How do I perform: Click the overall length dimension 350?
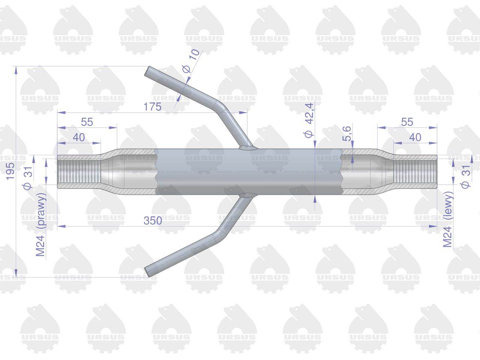[x=153, y=220]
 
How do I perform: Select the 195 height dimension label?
[x=10, y=171]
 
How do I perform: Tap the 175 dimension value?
[x=152, y=106]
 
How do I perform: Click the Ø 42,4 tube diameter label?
[x=309, y=120]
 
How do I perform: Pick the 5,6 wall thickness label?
[x=347, y=133]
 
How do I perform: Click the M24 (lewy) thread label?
[x=448, y=219]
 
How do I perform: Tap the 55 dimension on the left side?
[x=87, y=122]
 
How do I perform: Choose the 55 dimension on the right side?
[x=407, y=122]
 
